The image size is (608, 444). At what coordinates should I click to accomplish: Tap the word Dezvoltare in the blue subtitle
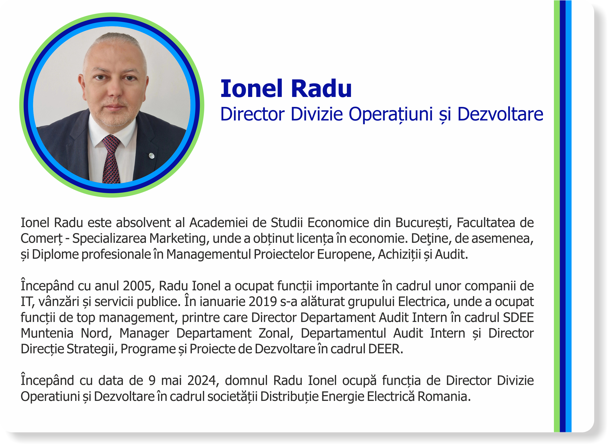pyautogui.click(x=500, y=114)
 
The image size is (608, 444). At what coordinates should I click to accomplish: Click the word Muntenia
pyautogui.click(x=47, y=333)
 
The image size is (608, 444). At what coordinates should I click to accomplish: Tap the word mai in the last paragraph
pyautogui.click(x=171, y=380)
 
